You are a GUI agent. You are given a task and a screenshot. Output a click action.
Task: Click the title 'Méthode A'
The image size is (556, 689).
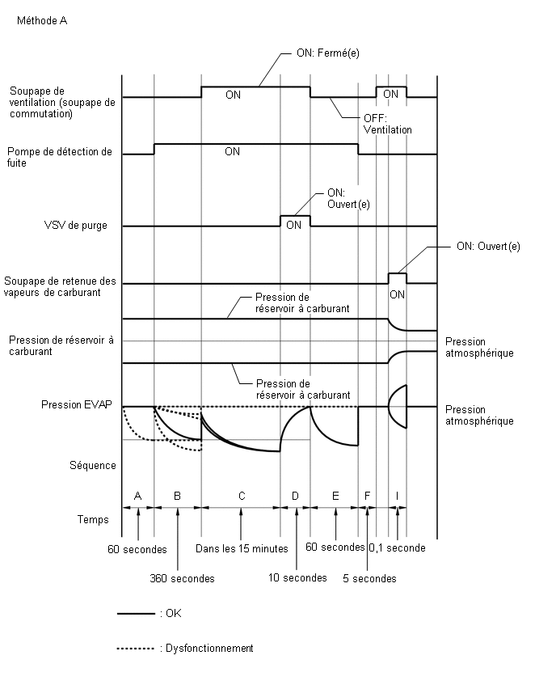tap(42, 21)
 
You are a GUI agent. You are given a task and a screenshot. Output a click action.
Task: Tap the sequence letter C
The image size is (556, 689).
tap(242, 496)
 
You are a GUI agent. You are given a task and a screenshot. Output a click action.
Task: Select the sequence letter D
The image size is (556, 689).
tap(295, 496)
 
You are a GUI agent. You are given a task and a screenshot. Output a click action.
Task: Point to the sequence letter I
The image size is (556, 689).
tap(397, 496)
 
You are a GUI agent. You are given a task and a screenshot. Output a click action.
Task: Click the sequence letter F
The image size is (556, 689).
tap(367, 496)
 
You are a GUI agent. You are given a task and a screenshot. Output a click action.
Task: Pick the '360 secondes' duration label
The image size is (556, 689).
tap(182, 578)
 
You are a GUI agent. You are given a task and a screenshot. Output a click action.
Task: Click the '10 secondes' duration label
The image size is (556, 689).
tap(297, 578)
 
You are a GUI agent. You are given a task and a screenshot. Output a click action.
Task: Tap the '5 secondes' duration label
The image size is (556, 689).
tap(369, 578)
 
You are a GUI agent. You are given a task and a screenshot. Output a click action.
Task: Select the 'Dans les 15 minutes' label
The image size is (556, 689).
tap(242, 548)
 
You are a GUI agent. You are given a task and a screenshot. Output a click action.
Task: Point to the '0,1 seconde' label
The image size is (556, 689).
tap(397, 548)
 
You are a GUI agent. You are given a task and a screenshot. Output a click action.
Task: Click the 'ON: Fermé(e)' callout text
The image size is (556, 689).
tap(327, 53)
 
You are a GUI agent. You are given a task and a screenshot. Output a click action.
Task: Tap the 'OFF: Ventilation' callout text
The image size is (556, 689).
tap(388, 124)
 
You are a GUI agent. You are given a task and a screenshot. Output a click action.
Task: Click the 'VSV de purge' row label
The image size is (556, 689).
tap(75, 226)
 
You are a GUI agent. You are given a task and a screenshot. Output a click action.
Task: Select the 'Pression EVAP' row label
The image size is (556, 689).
tap(77, 404)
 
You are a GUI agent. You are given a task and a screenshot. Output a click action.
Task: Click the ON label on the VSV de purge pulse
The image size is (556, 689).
tap(293, 225)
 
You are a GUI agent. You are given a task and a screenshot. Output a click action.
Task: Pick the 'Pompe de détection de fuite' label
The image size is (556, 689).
tap(60, 158)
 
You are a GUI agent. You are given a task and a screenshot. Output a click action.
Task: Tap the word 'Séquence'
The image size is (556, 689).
tap(93, 465)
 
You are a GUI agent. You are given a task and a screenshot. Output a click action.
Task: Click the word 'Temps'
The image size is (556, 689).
tap(93, 519)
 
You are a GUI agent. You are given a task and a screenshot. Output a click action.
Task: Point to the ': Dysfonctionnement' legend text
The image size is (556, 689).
tap(207, 648)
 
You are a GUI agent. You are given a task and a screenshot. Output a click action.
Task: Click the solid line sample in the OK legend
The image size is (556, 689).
tap(136, 614)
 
